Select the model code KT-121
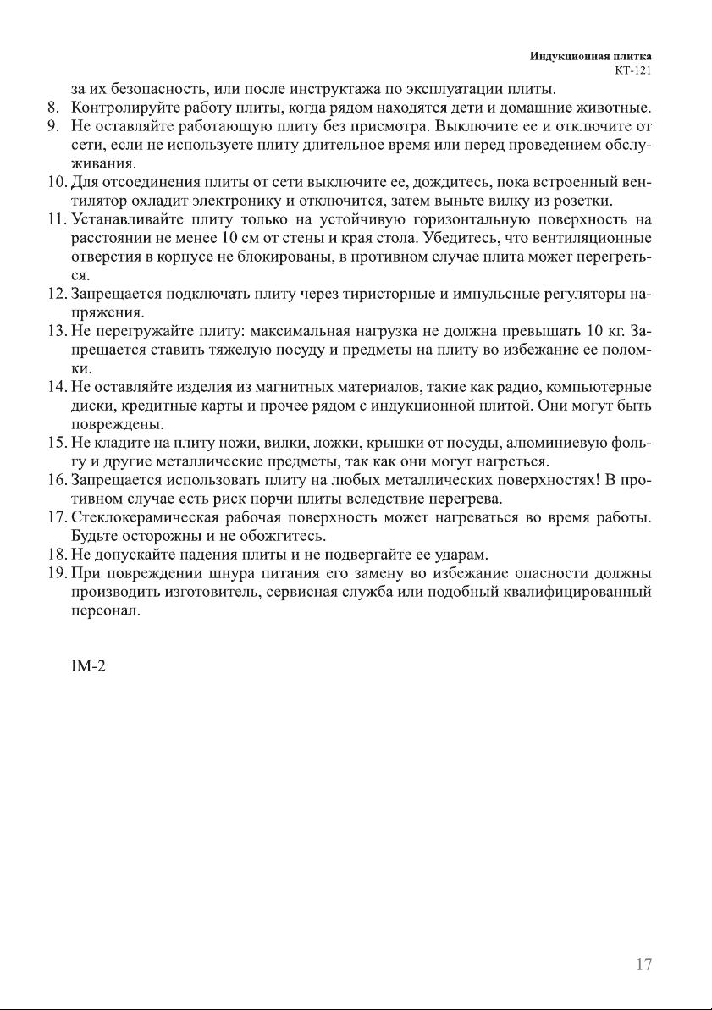point(632,70)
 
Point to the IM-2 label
point(88,667)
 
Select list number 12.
point(56,295)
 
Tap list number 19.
point(56,574)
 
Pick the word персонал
point(98,611)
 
